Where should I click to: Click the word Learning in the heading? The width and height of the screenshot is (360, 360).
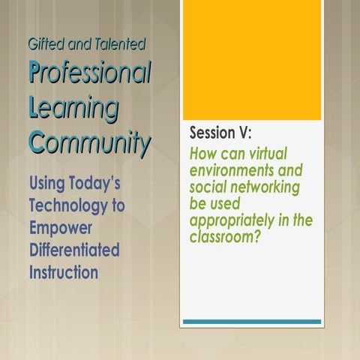click(73, 108)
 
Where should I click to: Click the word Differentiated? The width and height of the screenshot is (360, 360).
click(73, 249)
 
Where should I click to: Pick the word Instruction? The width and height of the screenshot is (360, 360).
click(63, 271)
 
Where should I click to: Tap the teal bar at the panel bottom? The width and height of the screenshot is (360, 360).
click(251, 322)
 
